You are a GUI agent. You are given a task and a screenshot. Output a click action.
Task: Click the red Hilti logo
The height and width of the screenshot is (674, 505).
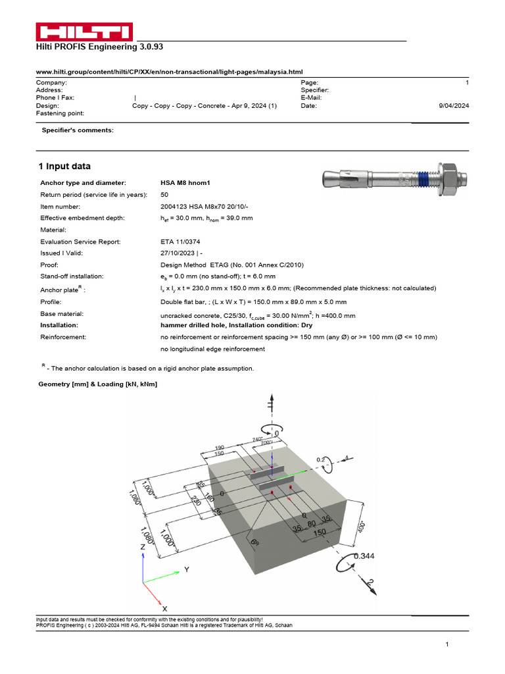(84, 32)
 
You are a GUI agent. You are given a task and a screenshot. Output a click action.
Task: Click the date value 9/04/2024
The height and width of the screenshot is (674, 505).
(454, 105)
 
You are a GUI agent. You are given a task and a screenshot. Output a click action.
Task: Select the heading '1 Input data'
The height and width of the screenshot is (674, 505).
(64, 166)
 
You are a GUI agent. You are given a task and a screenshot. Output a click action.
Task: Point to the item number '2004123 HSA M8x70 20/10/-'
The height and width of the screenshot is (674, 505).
(205, 206)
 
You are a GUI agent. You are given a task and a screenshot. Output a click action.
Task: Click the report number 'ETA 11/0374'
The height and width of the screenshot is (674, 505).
(180, 242)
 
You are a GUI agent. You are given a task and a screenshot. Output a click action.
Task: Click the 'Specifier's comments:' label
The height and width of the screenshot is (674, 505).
(78, 130)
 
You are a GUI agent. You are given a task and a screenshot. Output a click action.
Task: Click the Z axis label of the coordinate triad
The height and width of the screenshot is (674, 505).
(143, 547)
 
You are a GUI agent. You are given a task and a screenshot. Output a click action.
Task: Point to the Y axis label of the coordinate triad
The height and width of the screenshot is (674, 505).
(187, 569)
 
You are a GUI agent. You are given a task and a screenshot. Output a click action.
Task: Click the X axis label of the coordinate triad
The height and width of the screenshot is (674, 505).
(164, 609)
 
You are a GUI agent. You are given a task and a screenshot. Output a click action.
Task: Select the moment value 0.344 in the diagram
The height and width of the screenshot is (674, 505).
(365, 556)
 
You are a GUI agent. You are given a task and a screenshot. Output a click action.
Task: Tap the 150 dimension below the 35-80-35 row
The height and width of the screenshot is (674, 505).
(320, 532)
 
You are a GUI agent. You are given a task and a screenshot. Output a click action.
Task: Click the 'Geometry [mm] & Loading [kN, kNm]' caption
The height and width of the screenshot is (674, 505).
(98, 384)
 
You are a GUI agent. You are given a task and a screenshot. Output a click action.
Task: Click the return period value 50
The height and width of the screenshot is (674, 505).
(164, 194)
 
